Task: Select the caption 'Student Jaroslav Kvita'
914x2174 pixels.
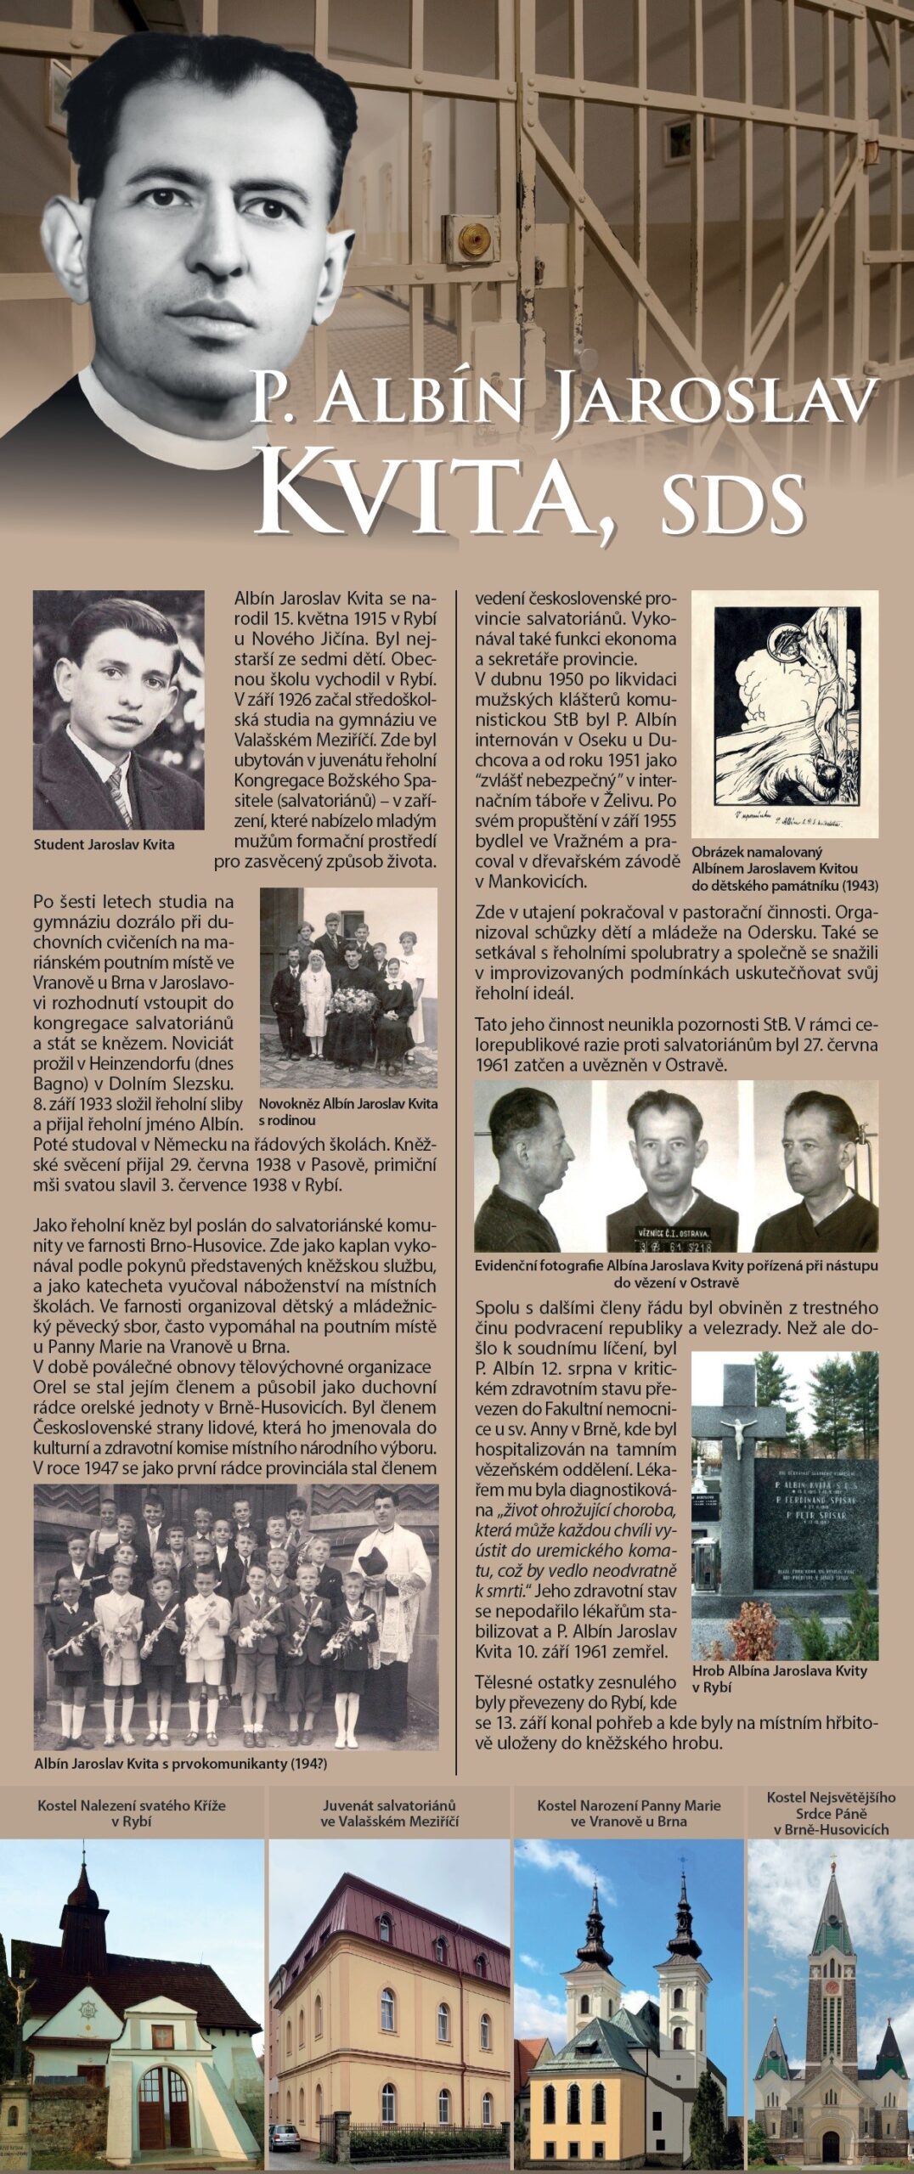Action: point(104,844)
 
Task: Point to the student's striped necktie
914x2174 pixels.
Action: point(120,796)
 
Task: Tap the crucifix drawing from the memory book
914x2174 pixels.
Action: point(784,713)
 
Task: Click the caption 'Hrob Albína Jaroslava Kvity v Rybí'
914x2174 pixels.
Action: point(779,1678)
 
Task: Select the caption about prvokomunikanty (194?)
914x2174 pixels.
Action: point(180,1764)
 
